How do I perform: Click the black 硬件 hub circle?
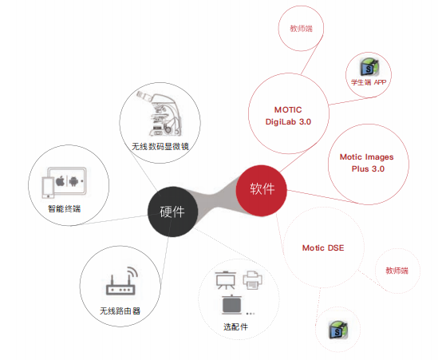(172, 212)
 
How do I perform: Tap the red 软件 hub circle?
(262, 191)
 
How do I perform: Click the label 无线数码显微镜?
(160, 147)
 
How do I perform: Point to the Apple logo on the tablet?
(60, 181)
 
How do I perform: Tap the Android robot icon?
(73, 181)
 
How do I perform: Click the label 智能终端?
(65, 209)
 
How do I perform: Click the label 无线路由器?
(120, 311)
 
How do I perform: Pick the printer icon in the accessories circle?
(252, 279)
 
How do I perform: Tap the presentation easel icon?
(225, 280)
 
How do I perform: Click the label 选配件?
(235, 327)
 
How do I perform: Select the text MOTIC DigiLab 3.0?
(288, 116)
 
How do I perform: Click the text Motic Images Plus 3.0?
(367, 163)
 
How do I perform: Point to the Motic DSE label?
(323, 248)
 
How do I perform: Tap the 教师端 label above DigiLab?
(301, 29)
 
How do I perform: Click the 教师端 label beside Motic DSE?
(397, 271)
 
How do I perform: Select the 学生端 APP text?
(369, 82)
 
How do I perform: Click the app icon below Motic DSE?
(338, 330)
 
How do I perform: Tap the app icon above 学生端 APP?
(369, 67)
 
